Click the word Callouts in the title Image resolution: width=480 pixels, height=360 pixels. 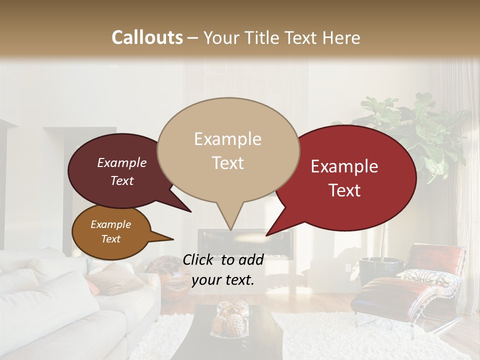click(x=147, y=37)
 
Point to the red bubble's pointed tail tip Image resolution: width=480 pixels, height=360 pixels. click(x=266, y=235)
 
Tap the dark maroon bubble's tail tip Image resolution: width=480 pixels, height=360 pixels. click(x=191, y=211)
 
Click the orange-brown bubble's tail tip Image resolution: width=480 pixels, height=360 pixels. click(x=173, y=239)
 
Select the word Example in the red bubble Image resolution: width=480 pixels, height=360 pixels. click(x=344, y=166)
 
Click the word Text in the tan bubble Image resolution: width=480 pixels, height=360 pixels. click(x=228, y=163)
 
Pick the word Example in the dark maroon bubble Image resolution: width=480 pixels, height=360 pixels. click(x=121, y=162)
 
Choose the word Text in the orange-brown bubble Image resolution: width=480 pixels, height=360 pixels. click(x=111, y=239)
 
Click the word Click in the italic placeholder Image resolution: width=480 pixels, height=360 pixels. click(x=198, y=259)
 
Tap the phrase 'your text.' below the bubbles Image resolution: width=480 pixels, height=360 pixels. click(x=223, y=280)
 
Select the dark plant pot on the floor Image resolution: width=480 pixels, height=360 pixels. click(x=379, y=270)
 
